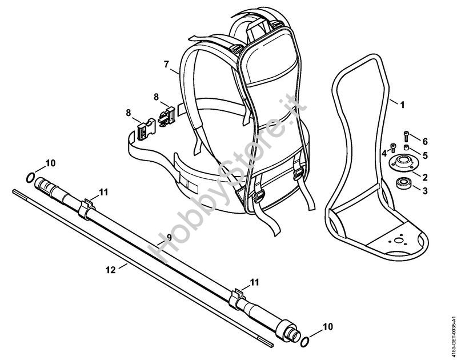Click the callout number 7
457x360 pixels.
coord(166,65)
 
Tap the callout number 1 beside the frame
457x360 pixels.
coord(403,105)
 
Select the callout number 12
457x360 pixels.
coord(111,270)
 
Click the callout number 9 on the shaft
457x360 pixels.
coord(169,238)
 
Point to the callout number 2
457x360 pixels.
coord(425,177)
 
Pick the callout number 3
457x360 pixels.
coord(425,191)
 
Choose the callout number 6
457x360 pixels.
coord(425,142)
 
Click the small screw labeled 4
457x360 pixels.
coord(393,147)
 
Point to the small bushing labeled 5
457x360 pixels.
coord(406,146)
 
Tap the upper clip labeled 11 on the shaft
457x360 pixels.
coord(87,209)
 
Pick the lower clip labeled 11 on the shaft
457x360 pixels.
coord(237,299)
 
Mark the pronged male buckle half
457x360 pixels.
coord(166,116)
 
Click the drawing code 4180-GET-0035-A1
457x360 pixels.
coord(453,336)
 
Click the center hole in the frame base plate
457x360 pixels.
coord(396,240)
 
